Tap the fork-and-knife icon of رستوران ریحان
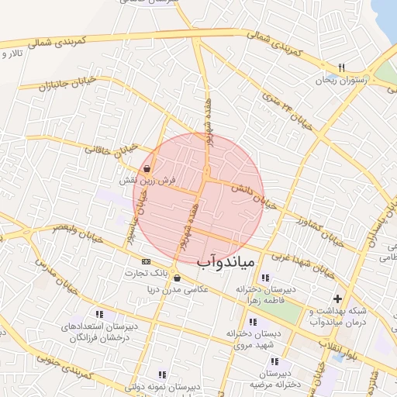342,67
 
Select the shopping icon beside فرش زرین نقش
147,168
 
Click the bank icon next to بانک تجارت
146,261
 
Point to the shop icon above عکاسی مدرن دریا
178,278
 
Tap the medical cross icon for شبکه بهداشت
337,299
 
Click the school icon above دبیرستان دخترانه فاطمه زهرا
265,278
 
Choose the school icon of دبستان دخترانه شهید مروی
252,322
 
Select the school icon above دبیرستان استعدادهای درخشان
98,314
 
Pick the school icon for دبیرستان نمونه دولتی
162,374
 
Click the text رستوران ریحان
339,80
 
